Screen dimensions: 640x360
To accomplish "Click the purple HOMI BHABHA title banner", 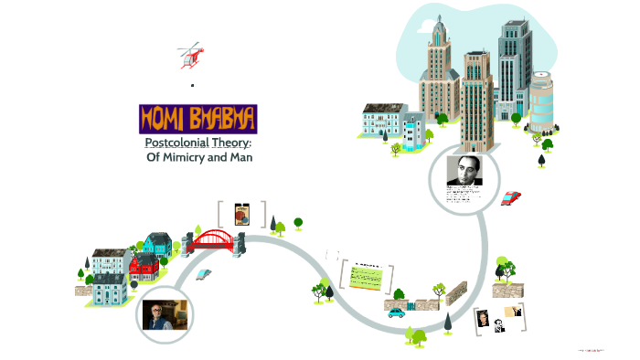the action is [x=198, y=118].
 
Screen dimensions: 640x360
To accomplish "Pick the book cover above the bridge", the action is [x=242, y=215].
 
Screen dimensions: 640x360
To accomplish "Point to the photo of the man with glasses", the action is [x=166, y=313].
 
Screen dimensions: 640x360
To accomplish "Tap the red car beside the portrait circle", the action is [x=511, y=197].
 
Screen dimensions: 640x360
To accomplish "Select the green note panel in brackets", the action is [x=366, y=275].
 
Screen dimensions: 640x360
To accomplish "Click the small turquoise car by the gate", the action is [x=397, y=312].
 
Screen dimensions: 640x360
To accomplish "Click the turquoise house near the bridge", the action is [x=158, y=243].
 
